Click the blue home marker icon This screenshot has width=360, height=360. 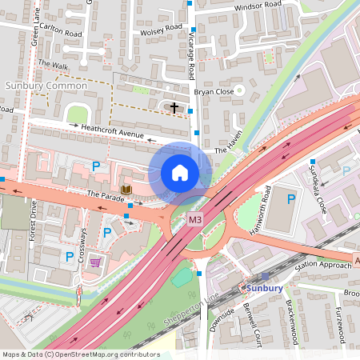(x=180, y=173)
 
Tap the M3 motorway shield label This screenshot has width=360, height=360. (x=194, y=219)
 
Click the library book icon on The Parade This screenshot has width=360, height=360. (x=126, y=190)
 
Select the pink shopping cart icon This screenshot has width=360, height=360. (x=95, y=262)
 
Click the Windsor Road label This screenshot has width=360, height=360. (x=258, y=5)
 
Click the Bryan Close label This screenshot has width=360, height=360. (x=218, y=92)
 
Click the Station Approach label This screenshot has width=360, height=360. (x=323, y=264)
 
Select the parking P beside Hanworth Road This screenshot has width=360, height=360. (x=291, y=198)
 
